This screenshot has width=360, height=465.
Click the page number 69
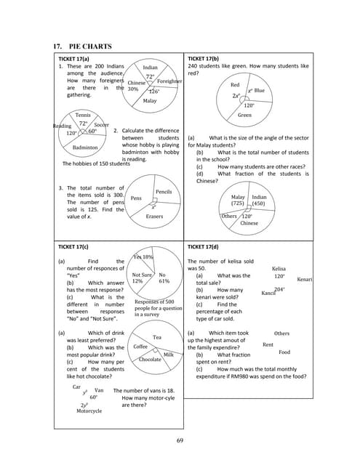coord(180,440)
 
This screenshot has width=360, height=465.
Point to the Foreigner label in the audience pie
coord(169,81)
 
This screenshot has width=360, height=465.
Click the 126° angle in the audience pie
coord(154,92)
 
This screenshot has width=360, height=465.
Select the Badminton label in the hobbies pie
coord(85,147)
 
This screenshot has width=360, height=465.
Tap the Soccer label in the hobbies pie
coord(101,125)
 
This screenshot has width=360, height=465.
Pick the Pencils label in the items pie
coord(163,192)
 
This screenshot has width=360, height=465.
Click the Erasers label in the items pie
coord(154,217)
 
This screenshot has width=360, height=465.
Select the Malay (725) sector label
coord(238,200)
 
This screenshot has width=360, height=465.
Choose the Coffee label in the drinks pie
coord(140,347)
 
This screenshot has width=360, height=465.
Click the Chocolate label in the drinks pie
coord(151,360)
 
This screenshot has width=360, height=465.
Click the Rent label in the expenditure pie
coord(268,345)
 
